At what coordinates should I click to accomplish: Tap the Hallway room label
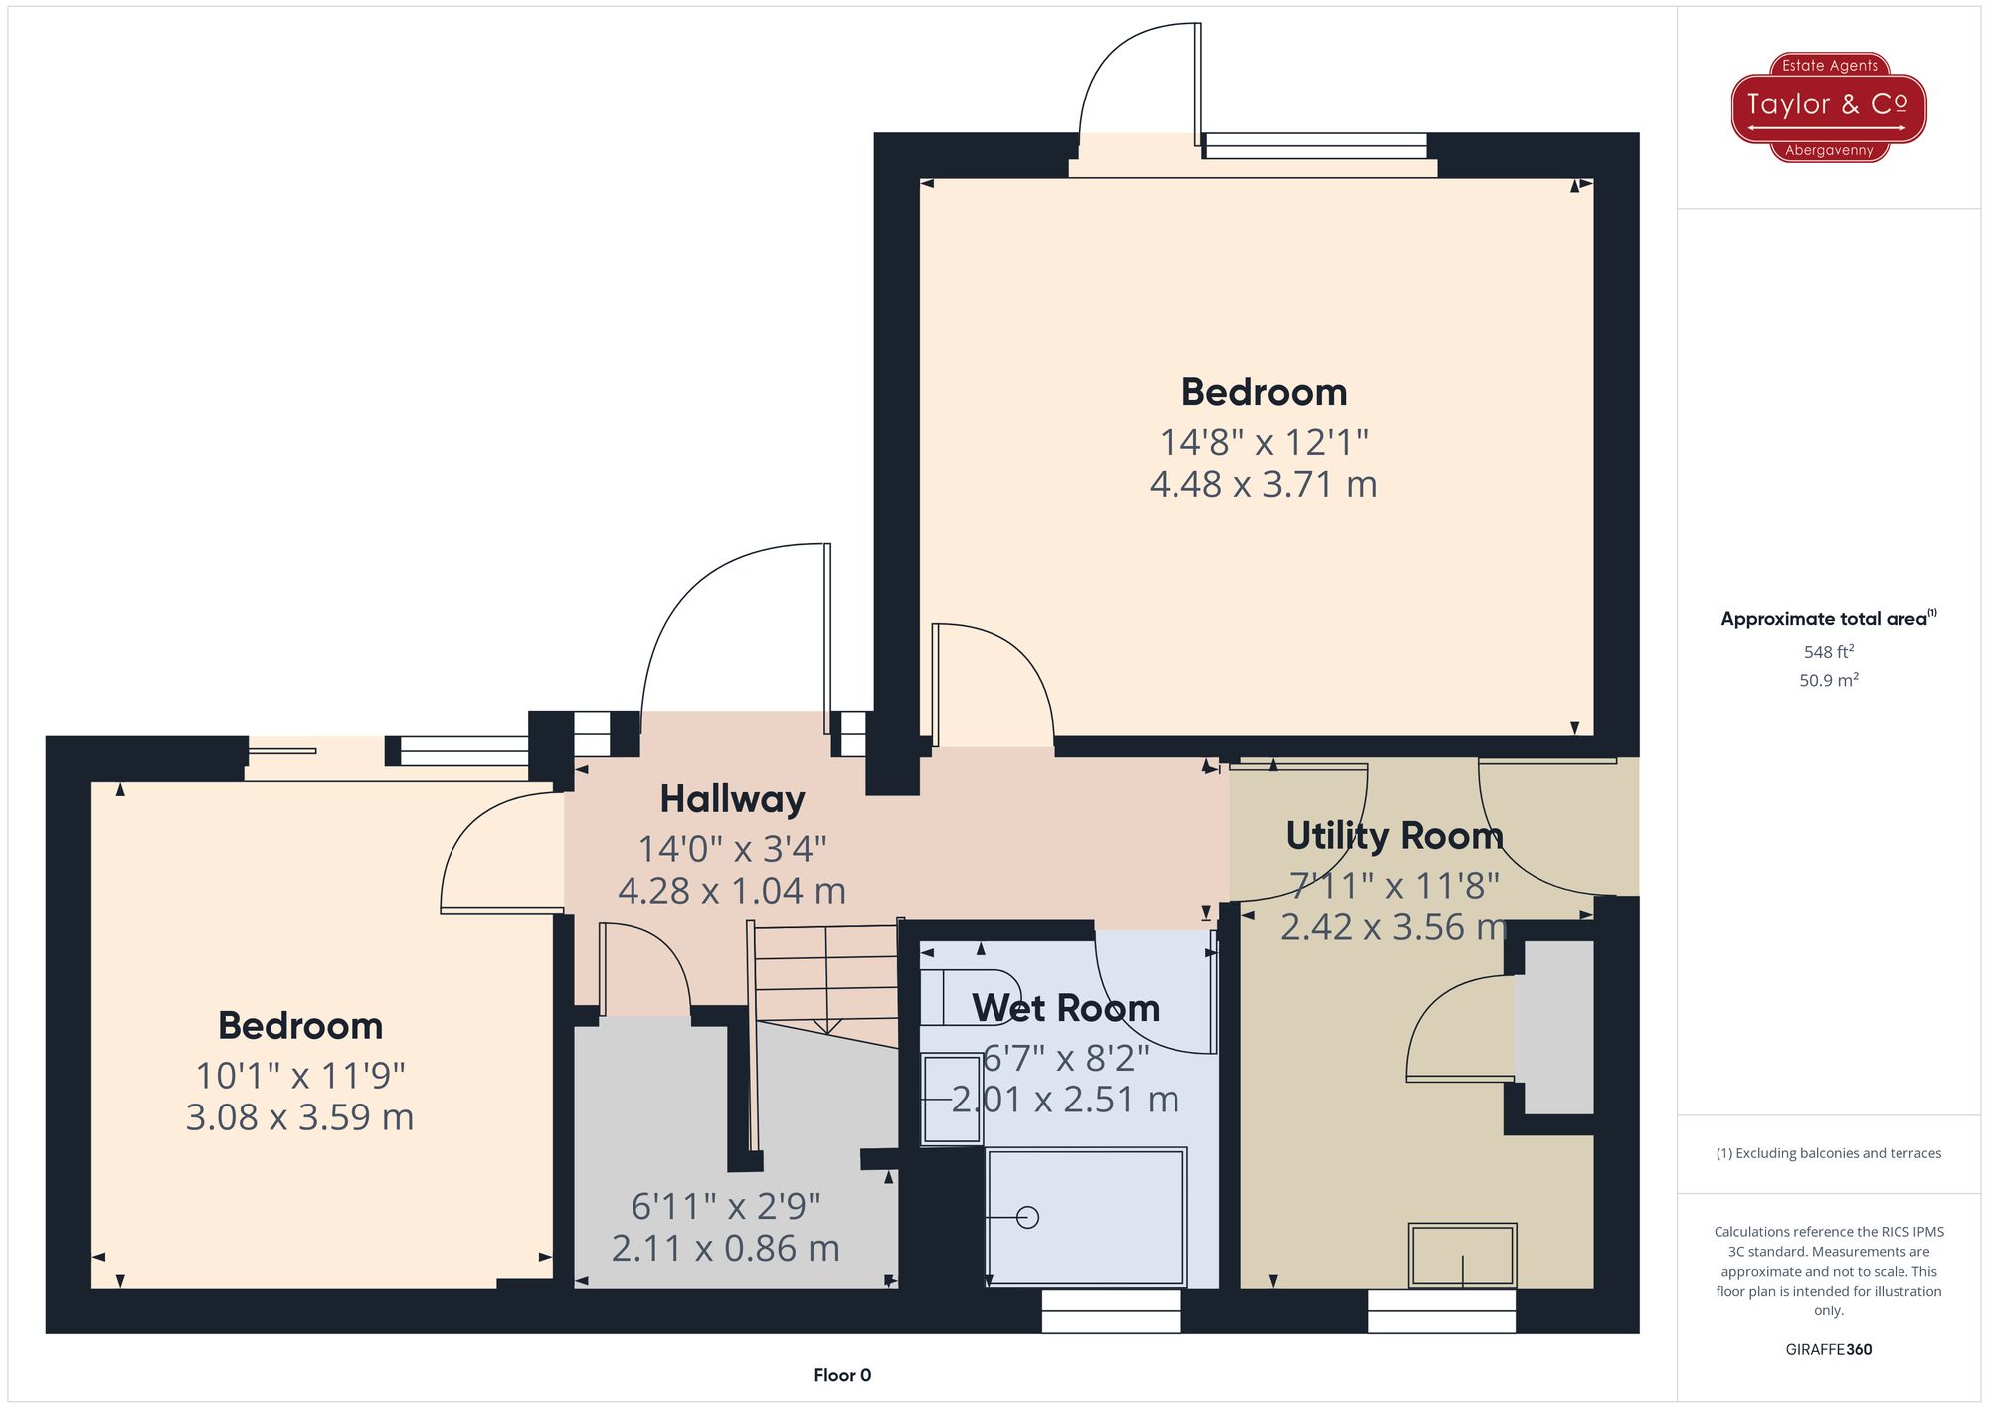pos(732,799)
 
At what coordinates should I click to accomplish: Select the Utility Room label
pos(1393,836)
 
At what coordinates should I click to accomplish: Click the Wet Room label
pos(1065,1009)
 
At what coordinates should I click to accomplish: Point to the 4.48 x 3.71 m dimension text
pos(1263,485)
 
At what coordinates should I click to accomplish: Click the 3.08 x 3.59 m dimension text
pos(299,1117)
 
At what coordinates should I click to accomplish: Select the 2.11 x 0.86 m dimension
pos(725,1248)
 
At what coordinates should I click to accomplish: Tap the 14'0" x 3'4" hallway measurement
pos(732,849)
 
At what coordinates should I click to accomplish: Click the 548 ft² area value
pos(1828,652)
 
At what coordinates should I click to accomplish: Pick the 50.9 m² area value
pos(1828,681)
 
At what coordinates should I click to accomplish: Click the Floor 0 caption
pos(841,1375)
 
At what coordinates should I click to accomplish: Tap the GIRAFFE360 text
pos(1828,1350)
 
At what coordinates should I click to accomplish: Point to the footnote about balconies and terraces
pos(1828,1153)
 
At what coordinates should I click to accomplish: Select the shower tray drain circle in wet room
pos(1028,1218)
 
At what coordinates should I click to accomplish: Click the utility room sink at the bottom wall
pos(1462,1256)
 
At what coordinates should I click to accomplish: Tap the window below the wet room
pos(1111,1310)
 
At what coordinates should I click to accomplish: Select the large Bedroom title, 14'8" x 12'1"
pos(1263,393)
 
